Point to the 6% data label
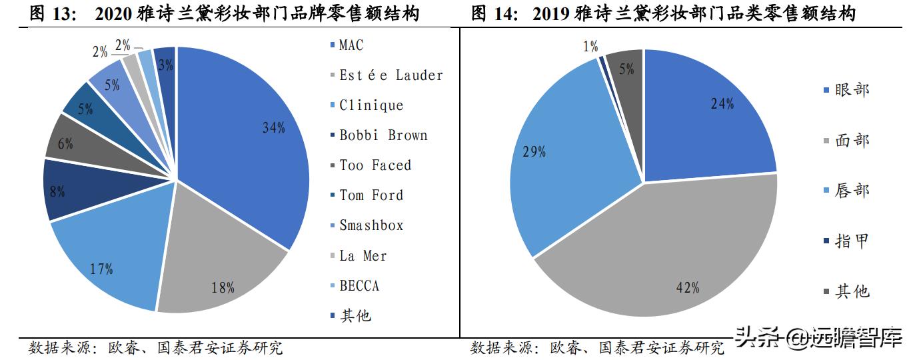click(x=65, y=143)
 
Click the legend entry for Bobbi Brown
click(x=383, y=135)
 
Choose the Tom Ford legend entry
click(x=371, y=195)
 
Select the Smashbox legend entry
click(x=371, y=225)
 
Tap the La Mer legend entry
click(x=363, y=256)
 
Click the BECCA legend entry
click(x=359, y=286)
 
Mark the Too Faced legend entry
click(x=375, y=165)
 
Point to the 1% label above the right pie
click(x=590, y=47)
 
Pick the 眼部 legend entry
click(x=852, y=90)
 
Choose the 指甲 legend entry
click(x=852, y=241)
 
